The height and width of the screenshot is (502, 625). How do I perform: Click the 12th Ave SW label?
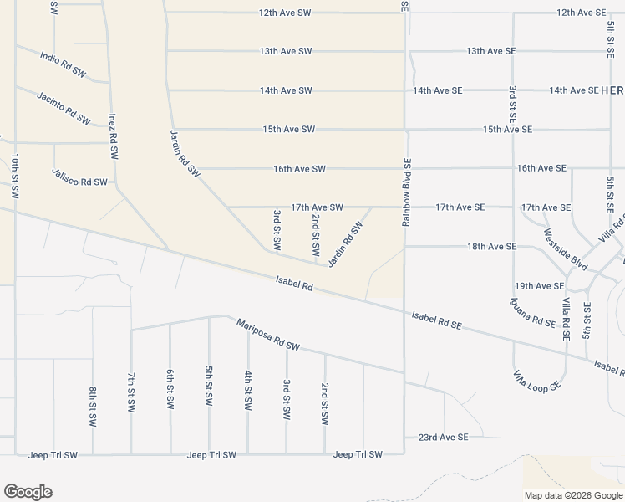pos(285,13)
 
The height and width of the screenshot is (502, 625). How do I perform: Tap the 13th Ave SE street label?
pos(490,51)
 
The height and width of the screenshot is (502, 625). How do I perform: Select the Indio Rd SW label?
pos(63,64)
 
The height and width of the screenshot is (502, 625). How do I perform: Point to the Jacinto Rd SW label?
pos(64,108)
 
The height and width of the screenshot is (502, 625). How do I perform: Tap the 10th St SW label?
pos(15,175)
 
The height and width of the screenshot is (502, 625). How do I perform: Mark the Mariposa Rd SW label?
pos(267,335)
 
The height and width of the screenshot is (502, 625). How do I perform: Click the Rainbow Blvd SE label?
pos(407,192)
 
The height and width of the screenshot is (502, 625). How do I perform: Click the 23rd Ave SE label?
pos(443,437)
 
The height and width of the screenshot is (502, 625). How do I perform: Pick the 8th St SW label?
pos(93,405)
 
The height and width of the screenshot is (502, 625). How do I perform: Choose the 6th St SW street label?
pos(170,387)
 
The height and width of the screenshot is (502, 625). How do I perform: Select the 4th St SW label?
pos(248,389)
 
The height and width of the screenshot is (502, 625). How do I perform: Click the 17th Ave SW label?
pos(317,207)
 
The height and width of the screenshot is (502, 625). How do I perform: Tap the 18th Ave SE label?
pos(491,247)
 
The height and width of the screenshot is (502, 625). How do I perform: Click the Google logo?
pos(28,492)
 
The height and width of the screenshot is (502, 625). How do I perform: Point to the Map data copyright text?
pos(572,495)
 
